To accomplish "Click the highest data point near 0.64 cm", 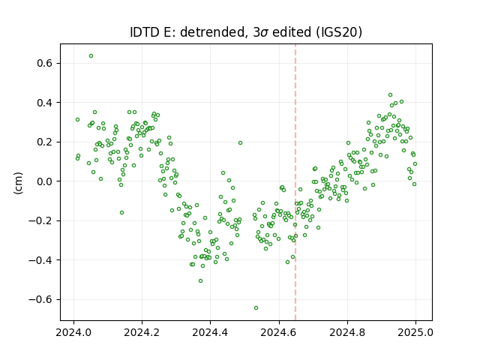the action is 91,56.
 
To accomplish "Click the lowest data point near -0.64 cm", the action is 256,307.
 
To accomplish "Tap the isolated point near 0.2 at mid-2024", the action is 240,143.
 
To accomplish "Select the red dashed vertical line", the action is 295,182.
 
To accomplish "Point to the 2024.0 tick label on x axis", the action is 73,332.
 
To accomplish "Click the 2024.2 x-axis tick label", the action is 142,332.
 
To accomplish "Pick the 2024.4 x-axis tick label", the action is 210,332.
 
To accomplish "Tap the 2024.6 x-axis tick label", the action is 279,332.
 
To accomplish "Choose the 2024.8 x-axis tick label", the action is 347,332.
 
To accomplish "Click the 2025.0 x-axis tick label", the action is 415,332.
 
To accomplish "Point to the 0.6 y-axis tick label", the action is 44,63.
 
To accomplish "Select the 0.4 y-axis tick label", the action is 44,103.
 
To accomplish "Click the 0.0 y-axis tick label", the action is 44,181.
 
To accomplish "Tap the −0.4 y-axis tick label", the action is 40,260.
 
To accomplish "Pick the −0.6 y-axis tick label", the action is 40,299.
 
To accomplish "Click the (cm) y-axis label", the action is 18,183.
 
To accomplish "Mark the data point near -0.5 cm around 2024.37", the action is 200,280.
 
